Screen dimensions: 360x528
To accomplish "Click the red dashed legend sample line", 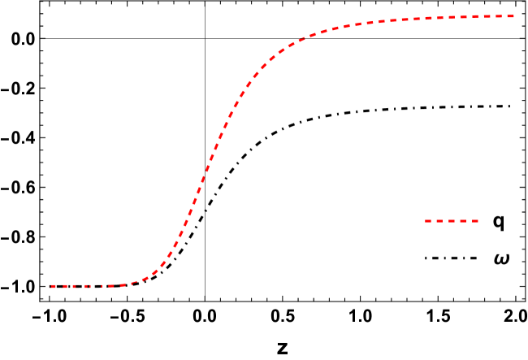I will [x=452, y=220].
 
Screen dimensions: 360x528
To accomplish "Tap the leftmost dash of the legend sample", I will [x=428, y=220].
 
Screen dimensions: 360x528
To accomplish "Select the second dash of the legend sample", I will [x=439, y=220].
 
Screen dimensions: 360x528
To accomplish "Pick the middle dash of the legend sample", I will [x=452, y=220].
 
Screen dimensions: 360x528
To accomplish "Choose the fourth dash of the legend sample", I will [x=463, y=220].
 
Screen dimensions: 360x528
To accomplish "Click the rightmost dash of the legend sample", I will [x=474, y=220].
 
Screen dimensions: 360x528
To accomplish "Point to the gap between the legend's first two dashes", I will [x=434, y=220].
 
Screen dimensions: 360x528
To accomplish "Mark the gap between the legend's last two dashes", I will [x=469, y=220].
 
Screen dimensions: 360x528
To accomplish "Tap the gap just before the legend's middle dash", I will [x=446, y=220].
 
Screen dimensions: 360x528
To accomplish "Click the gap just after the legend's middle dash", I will [x=457, y=220].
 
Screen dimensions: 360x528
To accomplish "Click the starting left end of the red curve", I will [x=50, y=286].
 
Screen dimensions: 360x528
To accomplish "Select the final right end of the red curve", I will [x=514, y=16].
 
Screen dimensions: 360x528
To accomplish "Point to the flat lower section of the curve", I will [x=81, y=286].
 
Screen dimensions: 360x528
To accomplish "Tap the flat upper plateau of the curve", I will [x=455, y=18].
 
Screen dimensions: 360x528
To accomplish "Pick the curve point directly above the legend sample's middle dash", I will [x=452, y=18].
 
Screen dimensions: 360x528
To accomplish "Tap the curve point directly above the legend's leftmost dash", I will [x=428, y=19].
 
